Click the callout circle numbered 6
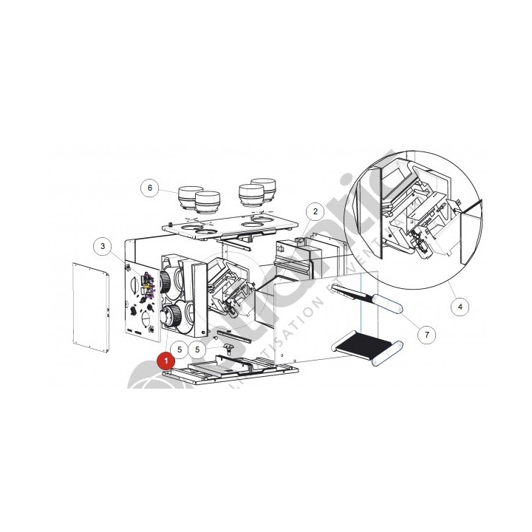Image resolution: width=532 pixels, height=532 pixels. tap(150, 188)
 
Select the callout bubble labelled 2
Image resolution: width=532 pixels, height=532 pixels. tap(315, 212)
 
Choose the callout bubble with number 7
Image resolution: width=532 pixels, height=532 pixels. tap(426, 334)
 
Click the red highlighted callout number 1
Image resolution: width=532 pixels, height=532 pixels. tap(166, 361)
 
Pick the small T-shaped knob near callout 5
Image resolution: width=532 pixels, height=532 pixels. tap(228, 347)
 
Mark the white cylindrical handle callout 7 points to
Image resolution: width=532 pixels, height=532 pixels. tap(386, 302)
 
